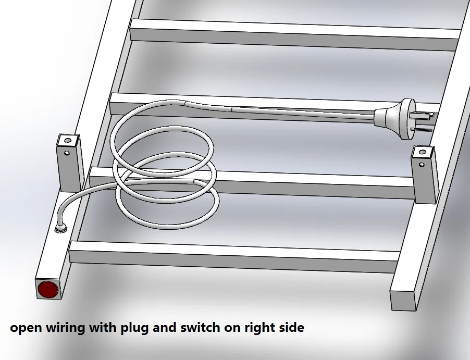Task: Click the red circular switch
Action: (x=47, y=289)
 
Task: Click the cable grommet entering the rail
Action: (x=61, y=229)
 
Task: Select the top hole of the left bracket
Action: (x=68, y=140)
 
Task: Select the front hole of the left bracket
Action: (x=67, y=153)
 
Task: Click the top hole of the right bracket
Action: (x=423, y=152)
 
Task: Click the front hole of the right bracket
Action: (x=422, y=165)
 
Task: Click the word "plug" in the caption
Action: (x=134, y=327)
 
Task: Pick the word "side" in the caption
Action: (x=292, y=327)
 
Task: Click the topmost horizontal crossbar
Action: (x=294, y=34)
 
